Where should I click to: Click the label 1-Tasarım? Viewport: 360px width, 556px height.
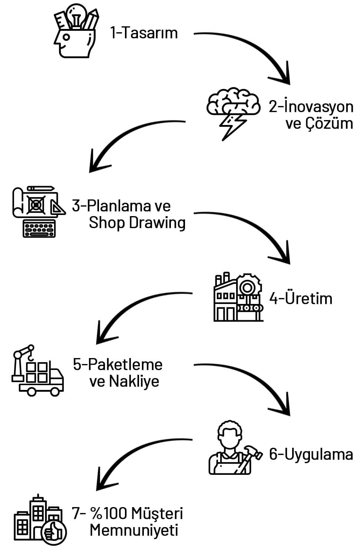(x=144, y=33)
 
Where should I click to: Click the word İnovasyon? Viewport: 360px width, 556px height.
(x=318, y=107)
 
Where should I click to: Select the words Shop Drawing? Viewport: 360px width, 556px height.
(x=137, y=223)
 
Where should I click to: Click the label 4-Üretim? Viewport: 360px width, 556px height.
(x=301, y=298)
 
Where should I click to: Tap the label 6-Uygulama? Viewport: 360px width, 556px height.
(x=311, y=454)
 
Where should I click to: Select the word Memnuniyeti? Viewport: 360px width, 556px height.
(x=134, y=530)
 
